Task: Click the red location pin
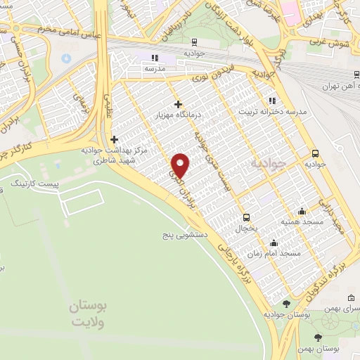point(181,165)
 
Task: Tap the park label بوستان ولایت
point(89,314)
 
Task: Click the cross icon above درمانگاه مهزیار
point(178,103)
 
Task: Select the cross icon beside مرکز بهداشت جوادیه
point(114,140)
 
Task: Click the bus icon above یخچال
point(246,218)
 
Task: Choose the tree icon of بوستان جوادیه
point(286,304)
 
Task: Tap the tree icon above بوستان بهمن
point(319,337)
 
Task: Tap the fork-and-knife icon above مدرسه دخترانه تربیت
point(271,101)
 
